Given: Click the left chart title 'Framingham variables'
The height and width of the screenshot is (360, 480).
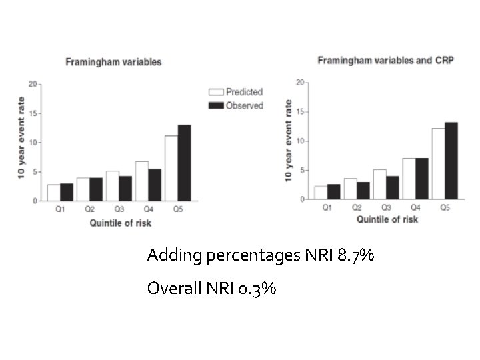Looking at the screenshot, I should [x=113, y=62].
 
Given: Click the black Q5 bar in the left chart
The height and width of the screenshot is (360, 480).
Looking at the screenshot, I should [x=184, y=163].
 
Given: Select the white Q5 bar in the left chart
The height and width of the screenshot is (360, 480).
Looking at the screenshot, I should [x=171, y=169].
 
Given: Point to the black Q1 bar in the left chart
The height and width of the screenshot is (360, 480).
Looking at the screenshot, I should [x=67, y=192].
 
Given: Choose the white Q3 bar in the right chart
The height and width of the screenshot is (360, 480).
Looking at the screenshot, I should [x=379, y=185].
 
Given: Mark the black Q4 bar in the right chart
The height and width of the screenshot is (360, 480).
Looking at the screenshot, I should [x=421, y=179].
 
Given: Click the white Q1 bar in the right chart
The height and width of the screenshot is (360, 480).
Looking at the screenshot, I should [x=321, y=193].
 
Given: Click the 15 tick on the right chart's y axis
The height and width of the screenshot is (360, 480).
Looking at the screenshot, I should [x=299, y=112].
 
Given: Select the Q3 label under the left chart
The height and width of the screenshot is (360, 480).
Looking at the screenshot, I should [x=118, y=209].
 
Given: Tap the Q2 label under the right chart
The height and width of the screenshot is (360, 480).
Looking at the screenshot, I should [x=356, y=208].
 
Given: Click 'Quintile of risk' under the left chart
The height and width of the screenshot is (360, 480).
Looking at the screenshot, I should [x=121, y=223].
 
